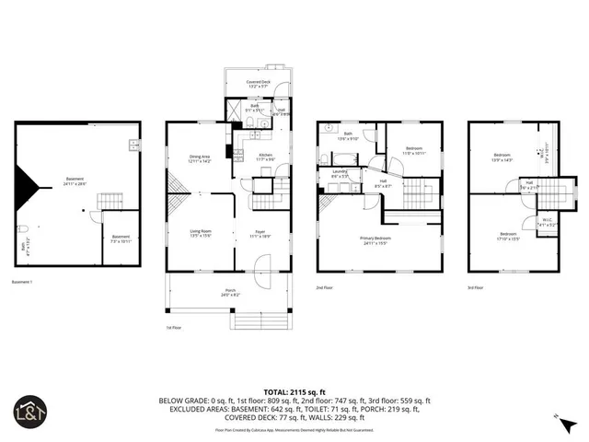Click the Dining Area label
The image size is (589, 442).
click(x=200, y=159)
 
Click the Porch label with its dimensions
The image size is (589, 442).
click(x=229, y=294)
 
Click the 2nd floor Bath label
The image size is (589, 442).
click(x=348, y=135)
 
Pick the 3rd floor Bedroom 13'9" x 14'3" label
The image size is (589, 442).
click(x=502, y=157)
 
